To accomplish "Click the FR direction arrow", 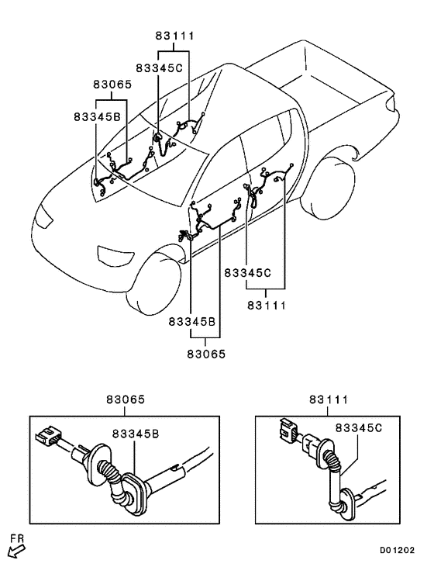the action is pyautogui.click(x=16, y=552).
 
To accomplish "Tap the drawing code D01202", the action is pyautogui.click(x=397, y=551).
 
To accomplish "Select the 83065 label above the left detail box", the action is pyautogui.click(x=126, y=399).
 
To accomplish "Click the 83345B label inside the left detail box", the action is pyautogui.click(x=135, y=434).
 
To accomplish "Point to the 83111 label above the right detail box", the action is pyautogui.click(x=328, y=399).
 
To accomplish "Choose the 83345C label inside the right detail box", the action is pyautogui.click(x=359, y=428).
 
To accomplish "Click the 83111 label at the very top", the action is pyautogui.click(x=175, y=36).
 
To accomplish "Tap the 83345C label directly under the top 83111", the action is pyautogui.click(x=160, y=67).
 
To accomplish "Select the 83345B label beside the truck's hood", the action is pyautogui.click(x=97, y=117).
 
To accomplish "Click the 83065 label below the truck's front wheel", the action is pyautogui.click(x=206, y=354).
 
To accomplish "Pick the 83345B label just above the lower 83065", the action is pyautogui.click(x=192, y=321).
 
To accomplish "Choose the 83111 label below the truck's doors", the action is pyautogui.click(x=267, y=306).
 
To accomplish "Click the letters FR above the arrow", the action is pyautogui.click(x=16, y=539).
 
